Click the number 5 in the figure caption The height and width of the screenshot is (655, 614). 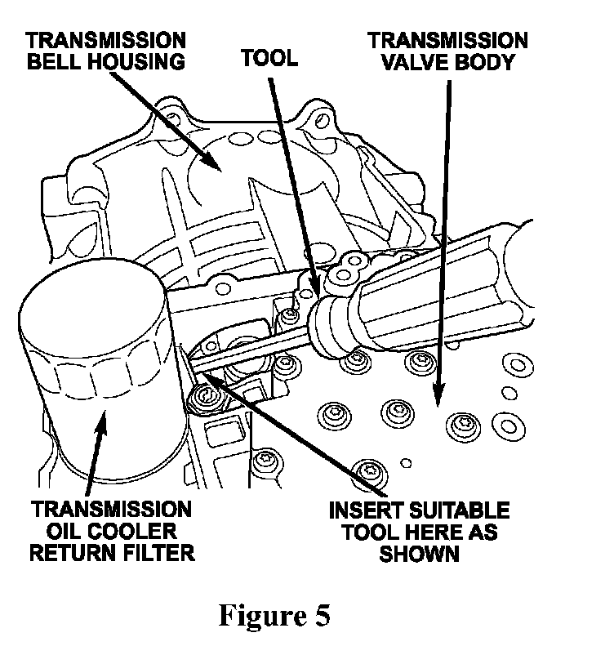tap(321, 615)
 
